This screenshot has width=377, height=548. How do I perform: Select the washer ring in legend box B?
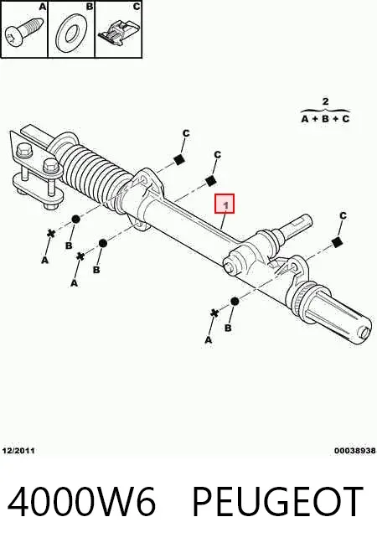point(71,34)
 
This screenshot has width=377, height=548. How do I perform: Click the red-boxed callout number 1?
point(225,204)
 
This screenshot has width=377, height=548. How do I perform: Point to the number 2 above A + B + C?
point(325,101)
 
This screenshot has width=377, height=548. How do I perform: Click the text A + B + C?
point(325,119)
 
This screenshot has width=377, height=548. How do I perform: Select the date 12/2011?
point(18,451)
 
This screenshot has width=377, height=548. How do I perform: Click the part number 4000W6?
point(81,502)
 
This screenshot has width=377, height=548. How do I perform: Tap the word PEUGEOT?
point(278,502)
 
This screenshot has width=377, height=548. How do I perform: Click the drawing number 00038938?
point(355,451)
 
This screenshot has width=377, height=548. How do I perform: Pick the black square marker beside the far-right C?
point(336,242)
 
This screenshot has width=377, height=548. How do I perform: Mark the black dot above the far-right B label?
point(235,302)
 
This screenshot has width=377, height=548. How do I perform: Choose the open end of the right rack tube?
point(364,332)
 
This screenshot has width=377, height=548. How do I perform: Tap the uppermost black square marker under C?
point(179,160)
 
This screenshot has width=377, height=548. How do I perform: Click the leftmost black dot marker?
point(75,220)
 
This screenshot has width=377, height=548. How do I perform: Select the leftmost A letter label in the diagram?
point(44,260)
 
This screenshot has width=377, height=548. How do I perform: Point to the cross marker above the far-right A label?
point(214,313)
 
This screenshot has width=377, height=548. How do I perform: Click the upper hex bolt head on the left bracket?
point(24,150)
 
